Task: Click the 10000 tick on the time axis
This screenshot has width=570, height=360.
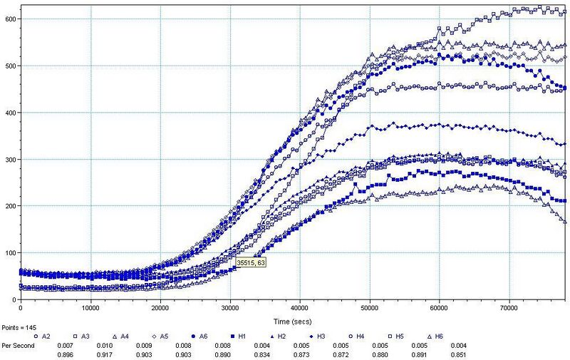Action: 90,308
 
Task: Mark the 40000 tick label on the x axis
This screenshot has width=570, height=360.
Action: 300,308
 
